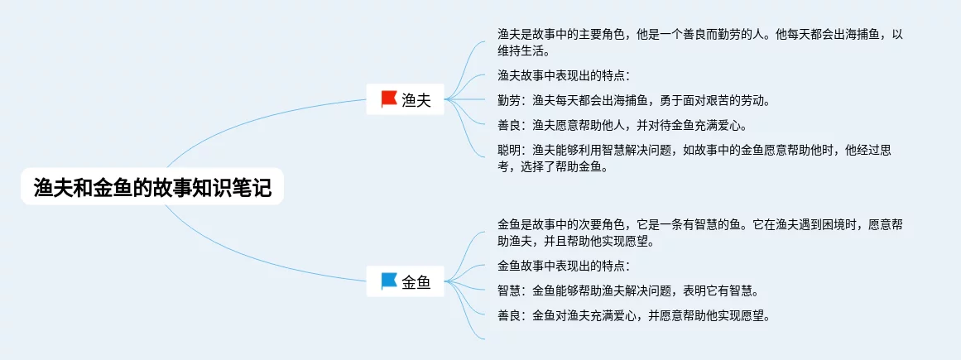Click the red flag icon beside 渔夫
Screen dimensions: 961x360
pos(389,98)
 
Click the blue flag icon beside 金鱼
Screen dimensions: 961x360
pos(389,281)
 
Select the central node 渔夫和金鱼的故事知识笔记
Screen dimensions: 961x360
pos(152,186)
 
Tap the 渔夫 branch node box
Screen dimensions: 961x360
pos(405,99)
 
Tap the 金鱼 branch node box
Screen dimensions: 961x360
pos(405,281)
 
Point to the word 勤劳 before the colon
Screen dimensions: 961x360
pos(509,101)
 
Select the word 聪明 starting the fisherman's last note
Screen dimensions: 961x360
pos(509,151)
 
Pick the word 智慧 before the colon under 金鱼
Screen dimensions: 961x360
pos(509,290)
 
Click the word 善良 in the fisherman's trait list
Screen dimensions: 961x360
pos(509,126)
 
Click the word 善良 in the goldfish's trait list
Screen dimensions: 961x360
pos(509,316)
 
